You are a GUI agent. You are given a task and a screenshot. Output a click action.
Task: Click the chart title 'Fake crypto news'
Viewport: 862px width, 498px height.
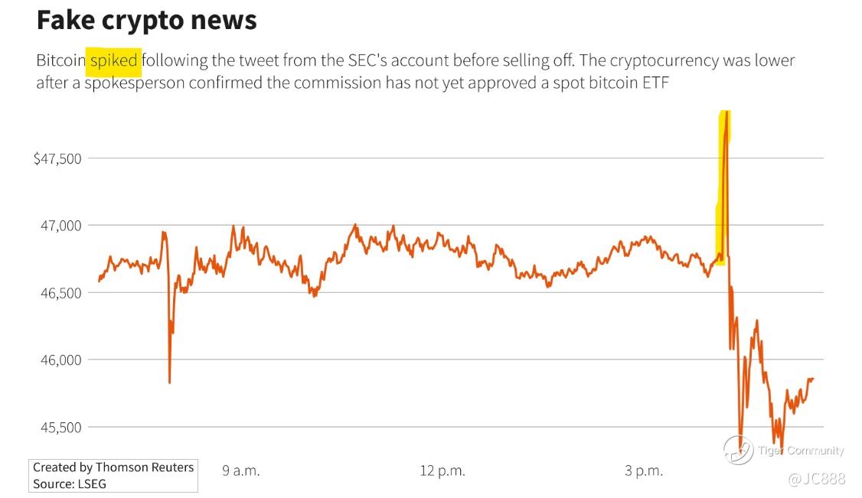146,20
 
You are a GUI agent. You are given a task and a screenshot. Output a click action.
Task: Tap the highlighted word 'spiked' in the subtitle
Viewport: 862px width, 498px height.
113,60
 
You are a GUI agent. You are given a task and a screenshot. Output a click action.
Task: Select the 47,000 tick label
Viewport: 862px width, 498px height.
60,226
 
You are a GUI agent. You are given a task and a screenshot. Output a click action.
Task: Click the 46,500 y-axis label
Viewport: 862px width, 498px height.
60,293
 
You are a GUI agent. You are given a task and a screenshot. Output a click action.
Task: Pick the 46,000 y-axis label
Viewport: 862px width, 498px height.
60,360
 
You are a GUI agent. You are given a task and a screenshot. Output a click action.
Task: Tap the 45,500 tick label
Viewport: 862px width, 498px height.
60,427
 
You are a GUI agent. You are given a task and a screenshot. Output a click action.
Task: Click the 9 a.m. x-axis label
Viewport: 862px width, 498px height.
241,470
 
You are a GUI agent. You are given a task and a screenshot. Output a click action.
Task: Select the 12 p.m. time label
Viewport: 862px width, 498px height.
442,470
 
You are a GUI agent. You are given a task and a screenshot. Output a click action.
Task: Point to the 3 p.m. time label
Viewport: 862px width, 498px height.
643,470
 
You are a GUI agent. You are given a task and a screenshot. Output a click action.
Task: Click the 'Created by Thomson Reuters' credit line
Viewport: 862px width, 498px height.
113,467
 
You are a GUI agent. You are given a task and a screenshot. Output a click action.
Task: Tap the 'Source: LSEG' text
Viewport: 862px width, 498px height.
70,483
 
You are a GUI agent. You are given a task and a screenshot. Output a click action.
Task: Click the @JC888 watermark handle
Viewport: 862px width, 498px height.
816,479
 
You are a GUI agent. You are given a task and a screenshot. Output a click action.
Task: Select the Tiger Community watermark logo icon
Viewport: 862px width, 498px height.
737,451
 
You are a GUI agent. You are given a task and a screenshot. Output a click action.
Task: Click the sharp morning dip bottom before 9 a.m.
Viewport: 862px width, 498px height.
169,382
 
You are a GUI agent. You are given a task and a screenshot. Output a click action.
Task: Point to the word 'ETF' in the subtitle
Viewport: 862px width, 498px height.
656,83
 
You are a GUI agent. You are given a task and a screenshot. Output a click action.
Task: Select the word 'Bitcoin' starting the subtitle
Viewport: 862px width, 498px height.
60,60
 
